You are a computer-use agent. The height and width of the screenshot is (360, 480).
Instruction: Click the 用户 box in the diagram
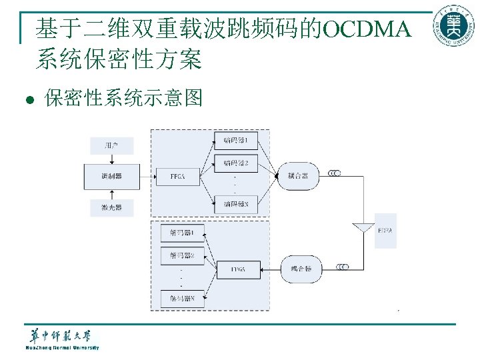pyautogui.click(x=111, y=145)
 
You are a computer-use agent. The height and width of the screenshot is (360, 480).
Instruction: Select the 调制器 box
pyautogui.click(x=111, y=176)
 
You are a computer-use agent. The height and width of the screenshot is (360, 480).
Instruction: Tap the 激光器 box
pyautogui.click(x=111, y=208)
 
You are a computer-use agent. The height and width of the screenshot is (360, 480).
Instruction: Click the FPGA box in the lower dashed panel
pyautogui.click(x=239, y=269)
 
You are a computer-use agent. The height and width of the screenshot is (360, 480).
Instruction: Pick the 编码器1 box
pyautogui.click(x=235, y=140)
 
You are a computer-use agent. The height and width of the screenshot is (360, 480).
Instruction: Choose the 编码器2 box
pyautogui.click(x=235, y=163)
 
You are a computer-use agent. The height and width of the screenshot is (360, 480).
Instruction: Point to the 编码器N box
pyautogui.click(x=235, y=204)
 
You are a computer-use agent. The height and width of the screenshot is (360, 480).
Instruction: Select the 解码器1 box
pyautogui.click(x=181, y=233)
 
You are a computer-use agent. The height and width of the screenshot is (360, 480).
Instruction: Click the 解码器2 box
pyautogui.click(x=181, y=255)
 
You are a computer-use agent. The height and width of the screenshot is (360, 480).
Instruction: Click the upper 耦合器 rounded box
pyautogui.click(x=297, y=176)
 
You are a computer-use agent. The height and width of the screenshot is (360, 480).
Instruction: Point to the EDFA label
pyautogui.click(x=385, y=230)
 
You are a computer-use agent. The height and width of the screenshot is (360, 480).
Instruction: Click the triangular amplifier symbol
pyautogui.click(x=364, y=226)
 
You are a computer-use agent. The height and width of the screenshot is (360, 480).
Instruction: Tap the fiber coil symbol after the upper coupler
pyautogui.click(x=334, y=174)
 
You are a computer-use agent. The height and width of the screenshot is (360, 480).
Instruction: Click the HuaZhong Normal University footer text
pyautogui.click(x=62, y=347)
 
